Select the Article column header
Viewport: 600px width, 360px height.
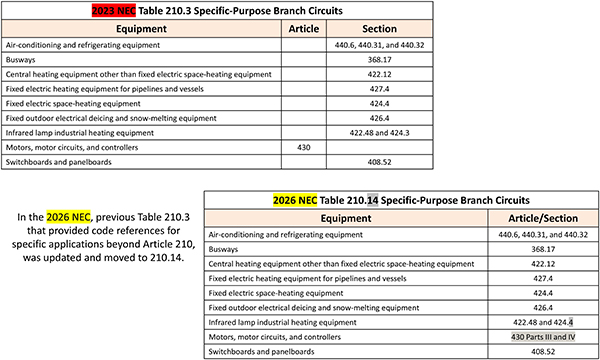(x=303, y=29)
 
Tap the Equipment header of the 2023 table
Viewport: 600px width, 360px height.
(x=140, y=29)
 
